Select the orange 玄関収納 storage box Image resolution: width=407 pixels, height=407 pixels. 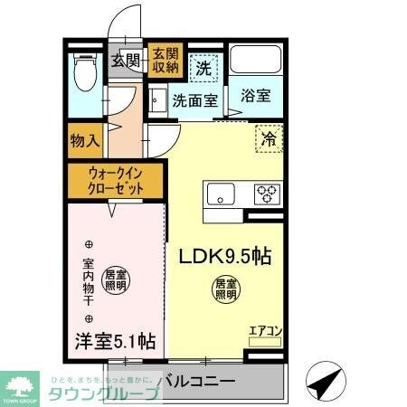point(165,60)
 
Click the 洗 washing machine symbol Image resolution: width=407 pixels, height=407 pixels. point(205,66)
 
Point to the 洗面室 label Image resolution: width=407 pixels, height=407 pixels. point(195,100)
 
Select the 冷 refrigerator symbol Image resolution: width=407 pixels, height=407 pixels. point(269,138)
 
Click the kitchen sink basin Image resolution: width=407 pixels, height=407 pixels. point(221,193)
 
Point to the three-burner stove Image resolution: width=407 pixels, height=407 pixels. point(266,193)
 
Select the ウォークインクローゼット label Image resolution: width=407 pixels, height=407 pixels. point(114,179)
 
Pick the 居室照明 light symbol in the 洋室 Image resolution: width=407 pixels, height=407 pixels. point(115,279)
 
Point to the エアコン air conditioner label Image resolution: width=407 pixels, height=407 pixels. point(265,330)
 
